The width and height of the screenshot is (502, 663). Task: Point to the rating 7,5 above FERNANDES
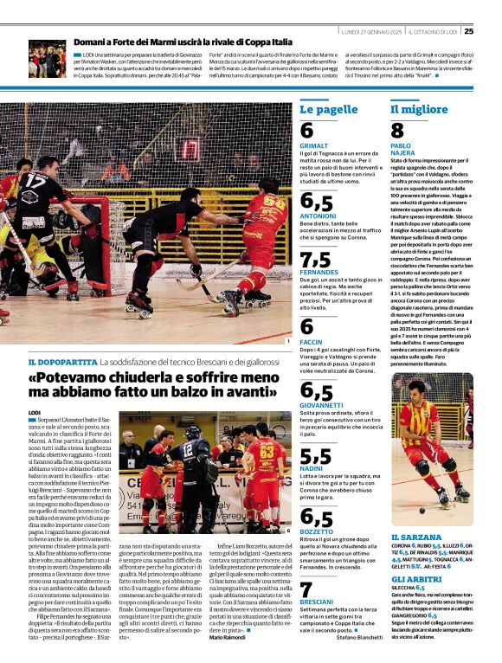pyautogui.click(x=315, y=261)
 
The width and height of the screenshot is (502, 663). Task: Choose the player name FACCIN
pyautogui.click(x=311, y=343)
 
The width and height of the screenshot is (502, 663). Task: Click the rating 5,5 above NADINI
pyautogui.click(x=315, y=455)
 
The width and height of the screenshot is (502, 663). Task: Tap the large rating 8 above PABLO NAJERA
pyautogui.click(x=397, y=131)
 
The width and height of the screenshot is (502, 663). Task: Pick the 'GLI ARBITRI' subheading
pyautogui.click(x=415, y=579)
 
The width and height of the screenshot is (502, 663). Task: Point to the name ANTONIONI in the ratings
pyautogui.click(x=318, y=215)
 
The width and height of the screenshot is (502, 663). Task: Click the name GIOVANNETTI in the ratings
pyautogui.click(x=322, y=404)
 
